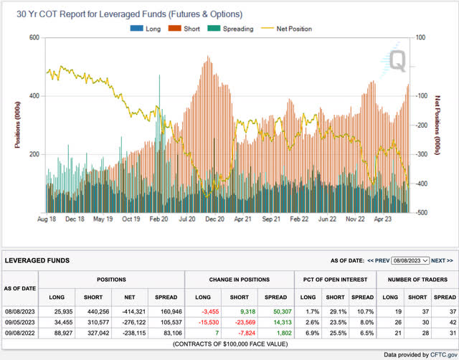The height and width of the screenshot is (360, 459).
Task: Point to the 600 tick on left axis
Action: tap(33, 38)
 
